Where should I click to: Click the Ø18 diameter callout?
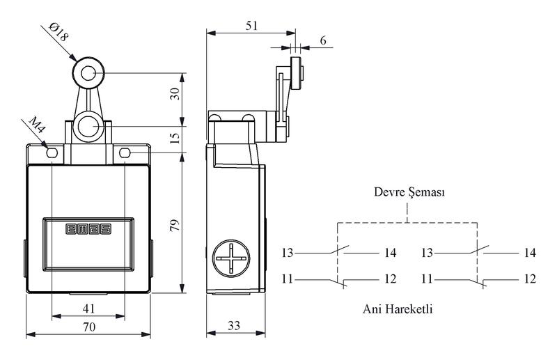pyautogui.click(x=58, y=32)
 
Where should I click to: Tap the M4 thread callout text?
pyautogui.click(x=37, y=125)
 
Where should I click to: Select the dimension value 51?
pyautogui.click(x=251, y=26)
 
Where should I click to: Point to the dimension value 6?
pyautogui.click(x=323, y=40)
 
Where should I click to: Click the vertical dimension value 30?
pyautogui.click(x=175, y=94)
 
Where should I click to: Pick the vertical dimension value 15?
pyautogui.click(x=175, y=139)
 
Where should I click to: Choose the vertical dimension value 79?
pyautogui.click(x=175, y=226)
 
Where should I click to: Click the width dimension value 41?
pyautogui.click(x=89, y=308)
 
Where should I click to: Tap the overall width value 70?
pyautogui.click(x=89, y=327)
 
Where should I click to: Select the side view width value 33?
pyautogui.click(x=234, y=325)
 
